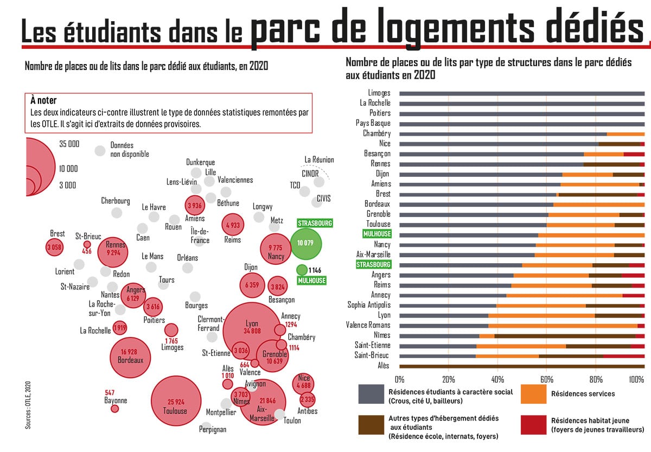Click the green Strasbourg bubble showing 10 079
[306, 243]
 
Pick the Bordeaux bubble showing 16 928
[130, 356]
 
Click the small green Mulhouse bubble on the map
[301, 270]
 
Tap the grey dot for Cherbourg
[117, 212]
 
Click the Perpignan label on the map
[212, 429]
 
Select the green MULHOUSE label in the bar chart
[376, 234]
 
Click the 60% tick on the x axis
[546, 379]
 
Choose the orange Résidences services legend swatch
[533, 394]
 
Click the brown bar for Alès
[521, 366]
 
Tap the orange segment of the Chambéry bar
[626, 133]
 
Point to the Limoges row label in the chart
[379, 93]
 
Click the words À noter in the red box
[43, 100]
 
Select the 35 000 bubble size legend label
[69, 144]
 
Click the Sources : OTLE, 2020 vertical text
[28, 404]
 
